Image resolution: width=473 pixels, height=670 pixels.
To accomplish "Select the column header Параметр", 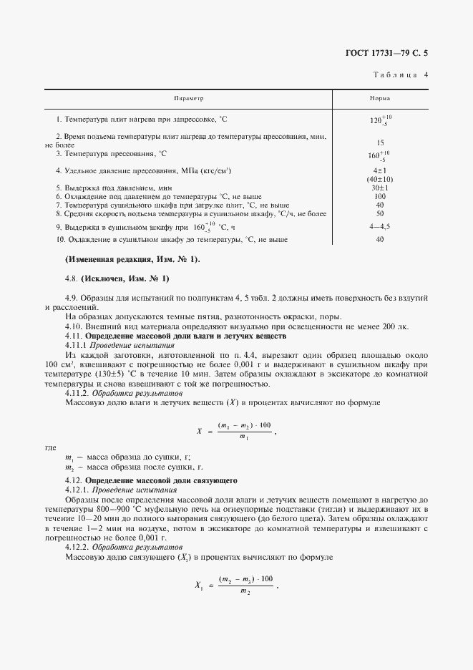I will point(190,98).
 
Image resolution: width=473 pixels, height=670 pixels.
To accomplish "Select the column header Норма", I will point(380,98).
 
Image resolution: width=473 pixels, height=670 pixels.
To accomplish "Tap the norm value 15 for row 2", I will point(380,142).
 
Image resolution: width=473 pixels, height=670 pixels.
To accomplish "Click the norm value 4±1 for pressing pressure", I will point(380,170).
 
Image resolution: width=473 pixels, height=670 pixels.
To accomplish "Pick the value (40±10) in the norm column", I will point(380,179).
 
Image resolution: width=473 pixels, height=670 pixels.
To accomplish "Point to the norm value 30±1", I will point(380,188).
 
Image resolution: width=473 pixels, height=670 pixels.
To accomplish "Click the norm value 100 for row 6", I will point(380,196).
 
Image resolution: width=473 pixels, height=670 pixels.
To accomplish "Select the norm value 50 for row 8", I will point(380,213).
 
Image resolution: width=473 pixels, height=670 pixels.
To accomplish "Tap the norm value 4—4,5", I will point(380,227).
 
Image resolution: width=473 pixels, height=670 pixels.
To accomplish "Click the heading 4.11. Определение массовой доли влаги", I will point(175,336).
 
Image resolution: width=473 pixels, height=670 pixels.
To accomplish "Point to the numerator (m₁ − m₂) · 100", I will point(245,425).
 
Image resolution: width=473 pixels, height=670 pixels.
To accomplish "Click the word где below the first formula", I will point(50,447).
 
